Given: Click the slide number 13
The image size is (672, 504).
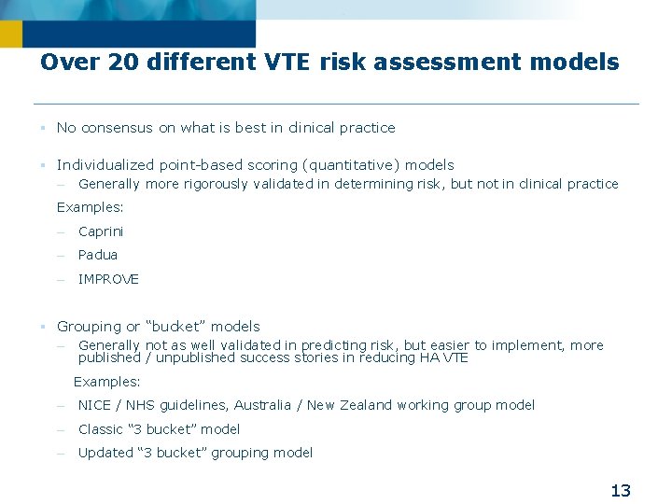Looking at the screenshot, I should (x=621, y=490).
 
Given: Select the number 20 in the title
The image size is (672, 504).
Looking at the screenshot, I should (x=121, y=63).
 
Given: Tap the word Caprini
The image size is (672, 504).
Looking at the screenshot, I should (x=101, y=231).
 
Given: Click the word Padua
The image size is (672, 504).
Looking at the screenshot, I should (x=98, y=255).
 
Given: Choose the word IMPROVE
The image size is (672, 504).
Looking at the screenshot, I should (x=108, y=279).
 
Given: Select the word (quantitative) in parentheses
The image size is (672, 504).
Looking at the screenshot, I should (x=354, y=165).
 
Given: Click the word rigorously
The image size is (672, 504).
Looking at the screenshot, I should (x=211, y=184).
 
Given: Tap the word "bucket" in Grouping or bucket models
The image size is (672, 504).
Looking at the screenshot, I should (x=177, y=327).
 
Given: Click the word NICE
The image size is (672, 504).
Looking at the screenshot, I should (x=94, y=405).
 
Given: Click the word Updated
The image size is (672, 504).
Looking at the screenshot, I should (x=105, y=453).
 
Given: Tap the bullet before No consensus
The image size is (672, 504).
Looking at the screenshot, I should (x=43, y=128).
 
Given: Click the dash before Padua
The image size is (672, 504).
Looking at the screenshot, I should (x=59, y=256).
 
